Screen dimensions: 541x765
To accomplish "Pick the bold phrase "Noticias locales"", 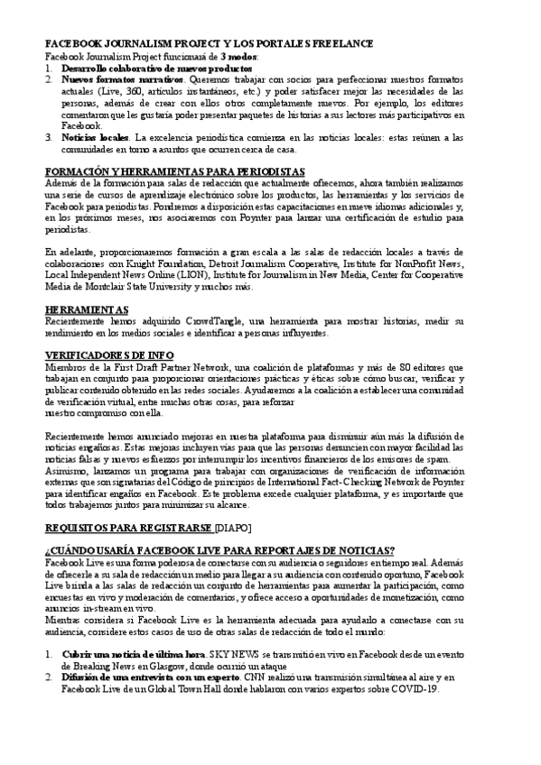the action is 95,137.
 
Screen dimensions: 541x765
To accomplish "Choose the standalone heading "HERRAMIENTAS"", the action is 86,309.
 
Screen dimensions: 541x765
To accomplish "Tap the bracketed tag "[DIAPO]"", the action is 233,528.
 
